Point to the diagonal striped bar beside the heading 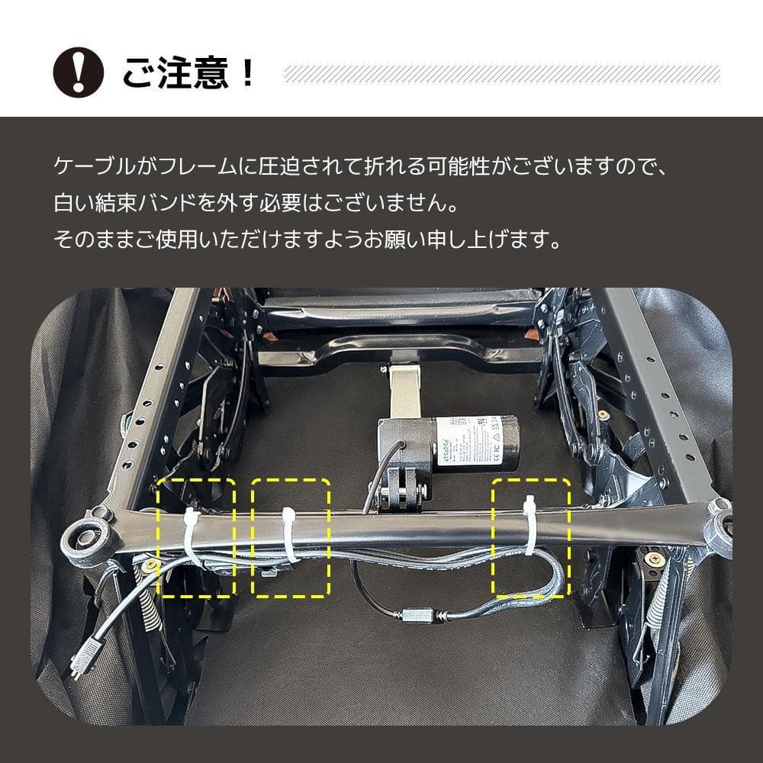point(501,73)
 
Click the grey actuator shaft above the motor point(403,391)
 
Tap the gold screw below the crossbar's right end point(654,559)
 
